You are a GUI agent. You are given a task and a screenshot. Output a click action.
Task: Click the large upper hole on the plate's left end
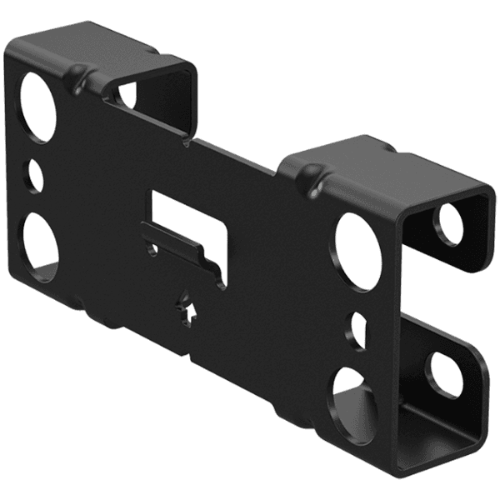coord(36,105)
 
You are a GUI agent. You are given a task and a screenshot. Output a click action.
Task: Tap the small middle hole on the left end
coord(35,176)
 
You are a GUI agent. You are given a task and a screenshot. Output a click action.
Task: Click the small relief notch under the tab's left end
coord(152,249)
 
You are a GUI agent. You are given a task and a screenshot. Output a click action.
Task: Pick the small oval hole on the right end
coord(356,330)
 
